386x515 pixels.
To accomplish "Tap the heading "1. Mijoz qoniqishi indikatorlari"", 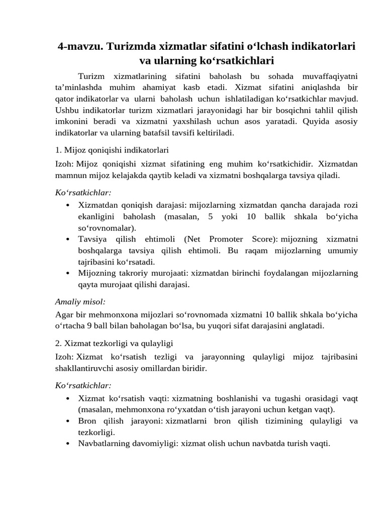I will (x=112, y=150).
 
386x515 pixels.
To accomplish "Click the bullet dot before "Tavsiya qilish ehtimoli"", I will (x=68, y=239).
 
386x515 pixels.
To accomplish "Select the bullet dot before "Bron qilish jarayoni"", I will (x=68, y=421).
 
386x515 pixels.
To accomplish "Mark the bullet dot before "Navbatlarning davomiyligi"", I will (x=68, y=444).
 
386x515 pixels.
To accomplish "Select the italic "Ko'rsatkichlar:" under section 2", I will (x=83, y=385).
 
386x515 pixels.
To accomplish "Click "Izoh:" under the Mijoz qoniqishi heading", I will (x=65, y=164).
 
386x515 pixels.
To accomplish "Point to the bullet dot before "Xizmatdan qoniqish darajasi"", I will (x=68, y=205).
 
